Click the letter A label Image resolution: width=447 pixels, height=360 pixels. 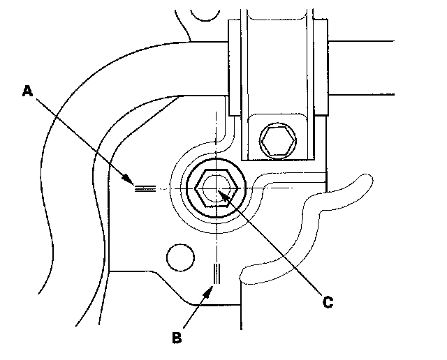[x=27, y=91]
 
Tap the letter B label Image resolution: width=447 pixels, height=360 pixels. [x=177, y=338]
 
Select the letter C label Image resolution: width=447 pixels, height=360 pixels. [x=326, y=302]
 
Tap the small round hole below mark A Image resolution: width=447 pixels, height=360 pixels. [x=179, y=257]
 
